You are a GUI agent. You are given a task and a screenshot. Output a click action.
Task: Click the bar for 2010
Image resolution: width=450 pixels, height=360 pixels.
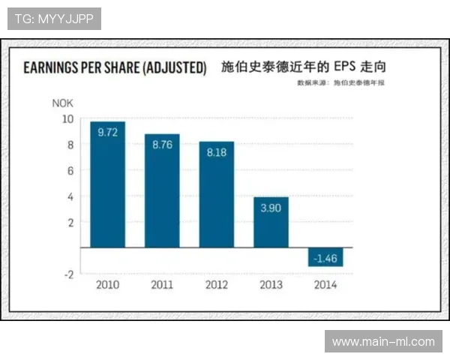[107, 187]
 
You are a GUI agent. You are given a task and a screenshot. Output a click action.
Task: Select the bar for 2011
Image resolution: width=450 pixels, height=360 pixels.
[162, 193]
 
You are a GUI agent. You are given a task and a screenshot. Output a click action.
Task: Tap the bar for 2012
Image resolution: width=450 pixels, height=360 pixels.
[216, 196]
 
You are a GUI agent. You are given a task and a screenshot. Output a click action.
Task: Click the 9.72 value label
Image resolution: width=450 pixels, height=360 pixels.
[107, 132]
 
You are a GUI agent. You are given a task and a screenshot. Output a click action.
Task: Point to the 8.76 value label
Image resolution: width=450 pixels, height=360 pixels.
[162, 145]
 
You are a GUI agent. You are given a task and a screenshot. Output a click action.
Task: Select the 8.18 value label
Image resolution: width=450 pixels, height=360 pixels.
[216, 152]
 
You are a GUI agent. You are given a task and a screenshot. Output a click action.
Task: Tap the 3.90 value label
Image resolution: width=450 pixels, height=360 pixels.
[271, 208]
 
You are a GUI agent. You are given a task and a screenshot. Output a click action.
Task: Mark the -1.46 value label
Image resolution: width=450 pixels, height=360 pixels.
[325, 258]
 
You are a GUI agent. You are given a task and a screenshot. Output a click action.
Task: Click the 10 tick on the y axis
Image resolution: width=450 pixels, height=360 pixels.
[67, 119]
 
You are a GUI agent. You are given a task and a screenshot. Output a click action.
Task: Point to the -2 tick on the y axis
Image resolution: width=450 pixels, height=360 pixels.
[68, 274]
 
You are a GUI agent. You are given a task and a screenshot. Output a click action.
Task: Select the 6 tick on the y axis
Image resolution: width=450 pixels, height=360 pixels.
[70, 171]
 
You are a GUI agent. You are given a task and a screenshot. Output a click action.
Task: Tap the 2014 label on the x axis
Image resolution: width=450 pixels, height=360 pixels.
[325, 285]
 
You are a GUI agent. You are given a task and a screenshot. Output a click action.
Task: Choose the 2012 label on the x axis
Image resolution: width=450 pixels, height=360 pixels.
[216, 285]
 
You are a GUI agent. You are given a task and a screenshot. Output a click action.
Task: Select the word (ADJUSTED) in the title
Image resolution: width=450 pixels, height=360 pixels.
[172, 68]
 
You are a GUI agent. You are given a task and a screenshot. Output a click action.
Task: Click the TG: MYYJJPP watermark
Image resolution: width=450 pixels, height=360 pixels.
[53, 18]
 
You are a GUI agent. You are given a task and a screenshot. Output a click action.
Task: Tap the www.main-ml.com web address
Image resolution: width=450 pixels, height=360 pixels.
[383, 341]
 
